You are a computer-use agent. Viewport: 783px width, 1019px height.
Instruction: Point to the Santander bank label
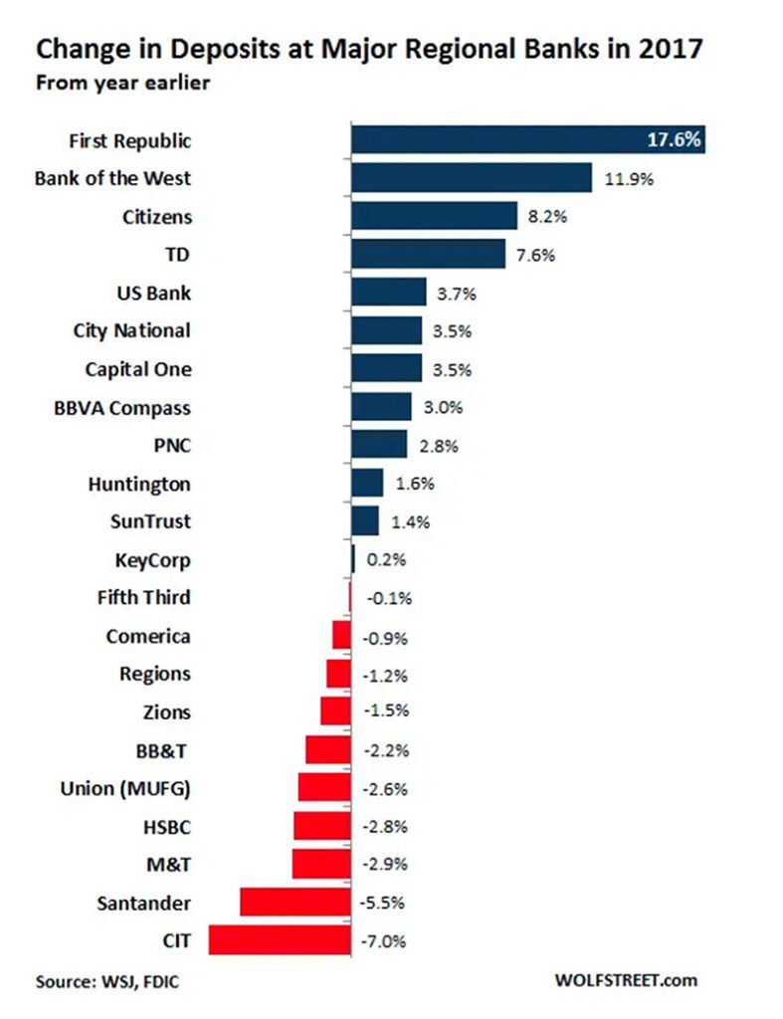pos(143,903)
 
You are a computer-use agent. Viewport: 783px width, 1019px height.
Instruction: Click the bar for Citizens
pos(435,216)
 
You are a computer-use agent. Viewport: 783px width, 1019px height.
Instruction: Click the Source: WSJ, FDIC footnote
pos(108,981)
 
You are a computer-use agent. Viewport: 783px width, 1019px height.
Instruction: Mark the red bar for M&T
pos(321,864)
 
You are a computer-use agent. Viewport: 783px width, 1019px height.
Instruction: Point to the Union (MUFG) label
pos(125,789)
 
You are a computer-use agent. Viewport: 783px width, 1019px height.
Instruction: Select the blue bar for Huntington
pos(367,484)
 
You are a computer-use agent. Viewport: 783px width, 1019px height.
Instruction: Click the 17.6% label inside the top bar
pos(675,139)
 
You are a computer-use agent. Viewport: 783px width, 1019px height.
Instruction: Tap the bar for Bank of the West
pos(472,178)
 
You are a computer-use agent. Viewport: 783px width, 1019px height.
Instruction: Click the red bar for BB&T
pos(327,749)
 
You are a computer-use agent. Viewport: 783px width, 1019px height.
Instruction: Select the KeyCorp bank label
pos(154,560)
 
